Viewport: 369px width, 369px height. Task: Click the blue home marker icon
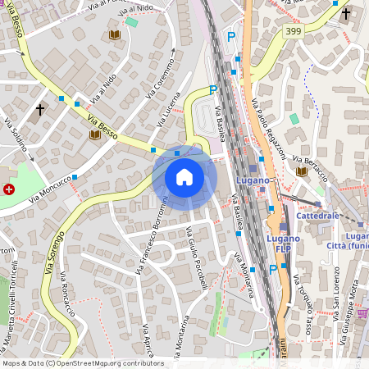[184, 177]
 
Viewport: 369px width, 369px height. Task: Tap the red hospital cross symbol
[9, 189]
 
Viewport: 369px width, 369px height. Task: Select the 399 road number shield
[294, 31]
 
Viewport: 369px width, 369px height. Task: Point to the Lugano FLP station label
[283, 244]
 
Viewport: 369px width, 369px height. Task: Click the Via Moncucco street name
[52, 189]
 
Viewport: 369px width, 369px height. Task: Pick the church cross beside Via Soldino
[39, 109]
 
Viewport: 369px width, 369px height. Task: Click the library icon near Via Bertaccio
[302, 171]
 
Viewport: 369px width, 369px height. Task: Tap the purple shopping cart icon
[362, 312]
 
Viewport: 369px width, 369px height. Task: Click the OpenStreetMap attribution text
[82, 363]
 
